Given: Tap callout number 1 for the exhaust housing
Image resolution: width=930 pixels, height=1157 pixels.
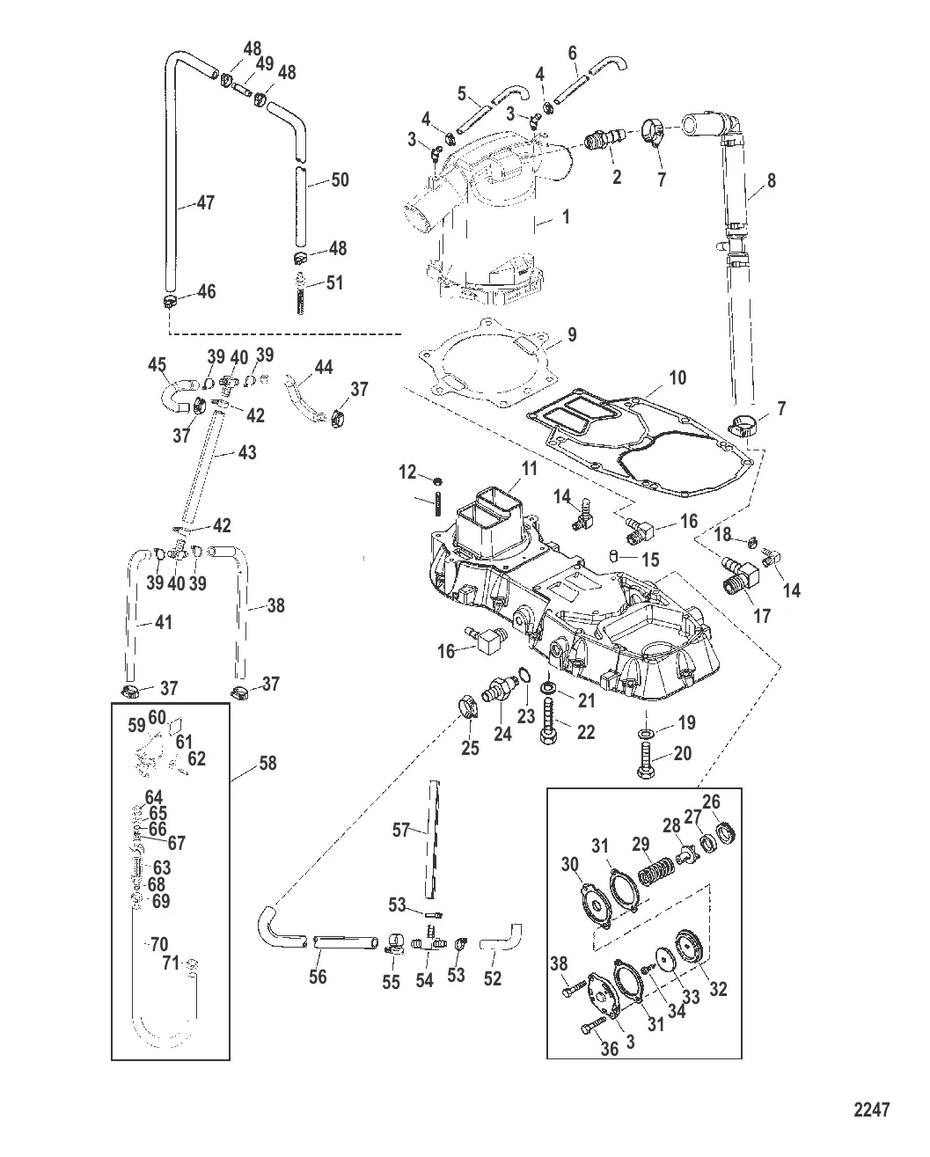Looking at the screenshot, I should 565,216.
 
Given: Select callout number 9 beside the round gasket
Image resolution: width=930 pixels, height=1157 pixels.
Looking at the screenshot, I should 571,334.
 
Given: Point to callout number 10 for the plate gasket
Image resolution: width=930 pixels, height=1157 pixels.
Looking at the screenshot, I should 677,377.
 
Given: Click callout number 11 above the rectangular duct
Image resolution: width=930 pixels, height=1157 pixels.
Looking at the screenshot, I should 528,470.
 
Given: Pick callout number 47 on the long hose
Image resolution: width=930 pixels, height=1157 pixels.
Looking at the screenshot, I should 205,202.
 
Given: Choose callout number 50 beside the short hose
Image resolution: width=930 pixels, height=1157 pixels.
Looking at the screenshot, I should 340,179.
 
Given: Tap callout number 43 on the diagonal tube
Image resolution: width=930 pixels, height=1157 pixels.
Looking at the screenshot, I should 246,452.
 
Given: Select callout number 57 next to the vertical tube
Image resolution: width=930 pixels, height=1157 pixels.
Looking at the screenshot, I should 401,829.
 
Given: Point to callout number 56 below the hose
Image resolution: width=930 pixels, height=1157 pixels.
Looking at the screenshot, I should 318,977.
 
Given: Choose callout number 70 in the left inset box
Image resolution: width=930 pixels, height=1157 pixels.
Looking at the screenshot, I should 158,945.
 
